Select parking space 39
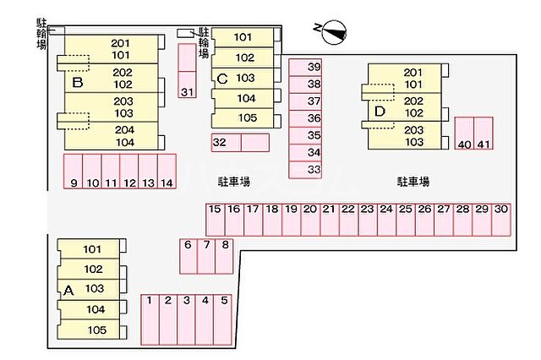click(x=314, y=67)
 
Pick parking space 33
click(x=314, y=170)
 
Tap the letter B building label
click(x=77, y=83)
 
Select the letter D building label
click(x=380, y=110)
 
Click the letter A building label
click(x=68, y=290)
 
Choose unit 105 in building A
click(x=96, y=330)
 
